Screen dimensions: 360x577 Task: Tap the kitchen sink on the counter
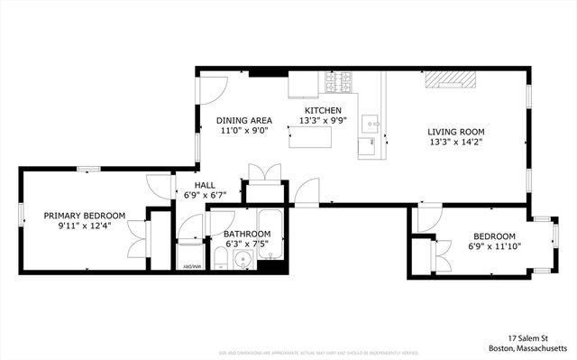370,121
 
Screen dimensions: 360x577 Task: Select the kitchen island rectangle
309,138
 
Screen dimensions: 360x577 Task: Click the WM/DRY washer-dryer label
190,266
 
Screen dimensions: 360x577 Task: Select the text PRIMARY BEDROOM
85,216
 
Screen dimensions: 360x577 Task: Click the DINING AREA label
244,120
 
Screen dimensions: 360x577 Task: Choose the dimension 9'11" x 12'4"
85,226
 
